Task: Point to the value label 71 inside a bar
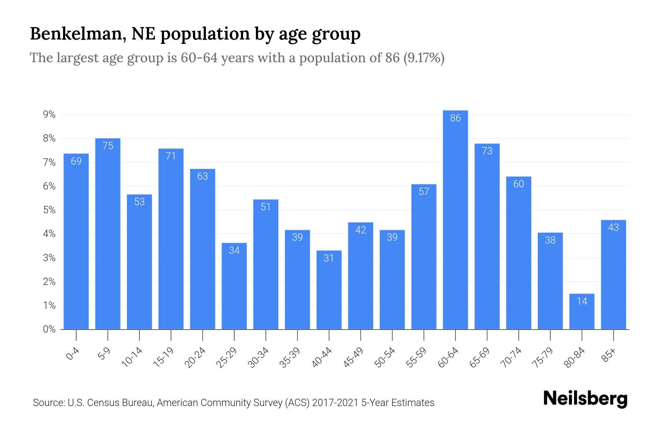tap(171, 156)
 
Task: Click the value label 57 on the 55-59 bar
tap(424, 192)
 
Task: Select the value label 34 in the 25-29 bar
tap(234, 250)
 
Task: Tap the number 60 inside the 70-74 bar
tap(518, 184)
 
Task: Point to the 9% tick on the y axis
tap(49, 115)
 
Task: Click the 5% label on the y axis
tap(49, 210)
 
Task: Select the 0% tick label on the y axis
tap(49, 329)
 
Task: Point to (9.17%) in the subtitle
tap(424, 58)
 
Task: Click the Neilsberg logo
tap(585, 399)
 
